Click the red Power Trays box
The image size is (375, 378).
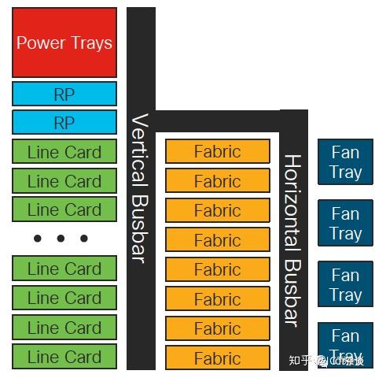click(64, 42)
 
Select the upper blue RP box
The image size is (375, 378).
click(64, 94)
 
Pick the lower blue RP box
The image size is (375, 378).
click(64, 123)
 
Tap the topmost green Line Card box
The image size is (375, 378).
click(64, 152)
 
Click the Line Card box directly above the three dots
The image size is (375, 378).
click(64, 209)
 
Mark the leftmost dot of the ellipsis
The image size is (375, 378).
click(37, 239)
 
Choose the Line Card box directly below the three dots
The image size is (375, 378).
click(64, 269)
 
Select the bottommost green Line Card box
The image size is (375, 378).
click(64, 357)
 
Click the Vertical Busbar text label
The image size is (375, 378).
click(141, 189)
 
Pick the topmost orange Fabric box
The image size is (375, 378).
click(217, 151)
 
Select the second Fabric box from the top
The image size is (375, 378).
click(217, 181)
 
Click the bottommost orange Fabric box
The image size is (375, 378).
click(217, 358)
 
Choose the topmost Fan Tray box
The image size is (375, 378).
click(345, 162)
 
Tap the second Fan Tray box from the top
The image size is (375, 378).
click(345, 224)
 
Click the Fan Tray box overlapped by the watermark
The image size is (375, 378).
click(345, 344)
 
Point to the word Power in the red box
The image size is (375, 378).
click(40, 43)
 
